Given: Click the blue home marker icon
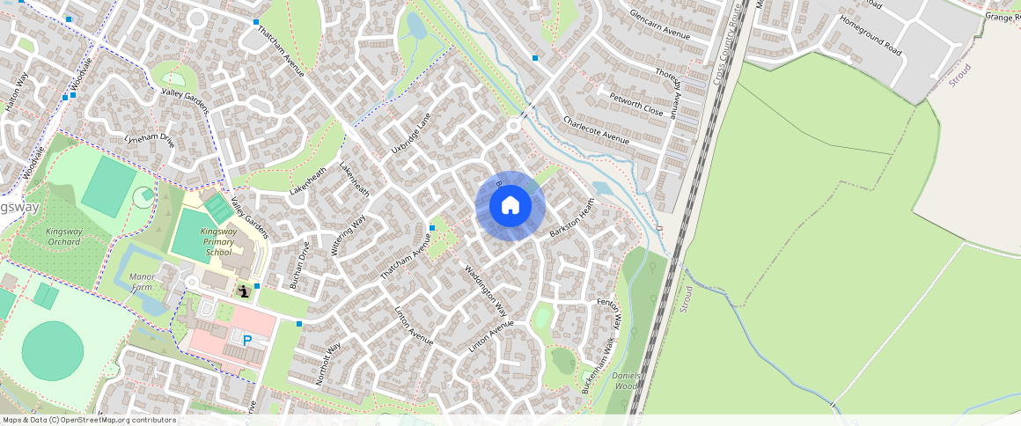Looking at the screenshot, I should (510, 206).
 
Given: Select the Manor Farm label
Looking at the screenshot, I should (142, 282).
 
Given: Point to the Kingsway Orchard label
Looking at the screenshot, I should (63, 237).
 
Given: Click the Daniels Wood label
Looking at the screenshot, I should (626, 380).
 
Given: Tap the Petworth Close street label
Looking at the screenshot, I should (641, 101).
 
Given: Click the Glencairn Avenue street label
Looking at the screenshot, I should (660, 25).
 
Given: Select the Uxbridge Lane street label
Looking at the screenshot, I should (408, 138).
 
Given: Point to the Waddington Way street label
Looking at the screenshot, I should (486, 290).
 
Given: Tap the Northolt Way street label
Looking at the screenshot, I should (327, 364).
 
